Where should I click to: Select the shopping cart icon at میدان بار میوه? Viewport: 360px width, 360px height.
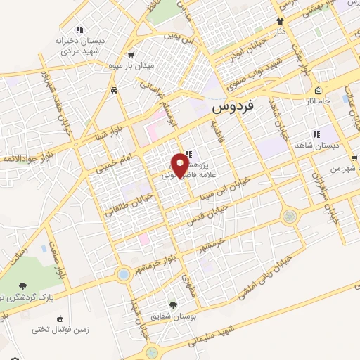point(130,54)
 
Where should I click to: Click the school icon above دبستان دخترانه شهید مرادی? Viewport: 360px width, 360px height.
point(79,30)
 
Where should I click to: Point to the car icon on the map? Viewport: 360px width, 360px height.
point(114,90)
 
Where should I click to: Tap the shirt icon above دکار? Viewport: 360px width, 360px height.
point(279,21)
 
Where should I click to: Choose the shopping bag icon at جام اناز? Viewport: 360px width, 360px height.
point(318,90)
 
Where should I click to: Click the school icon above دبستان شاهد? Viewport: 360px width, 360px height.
point(316,133)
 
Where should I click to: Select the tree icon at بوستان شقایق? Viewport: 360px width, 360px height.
point(173,305)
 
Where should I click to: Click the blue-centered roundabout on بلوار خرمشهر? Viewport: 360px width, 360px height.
point(124,273)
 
